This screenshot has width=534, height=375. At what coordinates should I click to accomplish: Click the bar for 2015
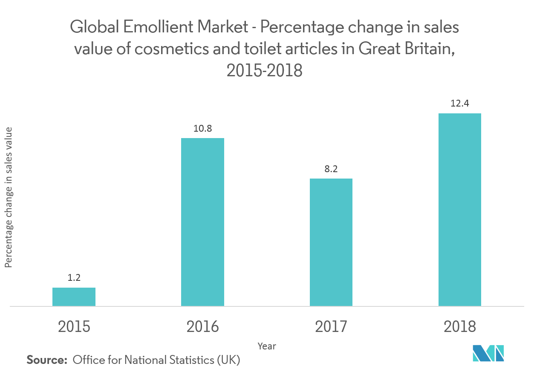point(74,297)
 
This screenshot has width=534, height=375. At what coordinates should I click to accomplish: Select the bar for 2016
point(202,222)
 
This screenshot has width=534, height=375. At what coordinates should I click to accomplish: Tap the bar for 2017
point(331,242)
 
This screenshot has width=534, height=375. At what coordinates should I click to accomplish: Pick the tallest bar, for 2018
point(460,209)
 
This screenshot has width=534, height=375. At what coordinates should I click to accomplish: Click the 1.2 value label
point(74,278)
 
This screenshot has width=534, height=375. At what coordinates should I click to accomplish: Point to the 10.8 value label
point(202,128)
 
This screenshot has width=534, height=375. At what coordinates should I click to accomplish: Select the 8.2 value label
point(331,169)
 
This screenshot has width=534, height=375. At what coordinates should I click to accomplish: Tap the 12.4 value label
point(460,104)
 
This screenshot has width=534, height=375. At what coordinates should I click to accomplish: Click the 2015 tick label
point(74,327)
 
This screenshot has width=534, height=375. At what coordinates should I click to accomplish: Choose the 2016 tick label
point(202,327)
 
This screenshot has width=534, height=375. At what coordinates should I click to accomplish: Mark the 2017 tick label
point(331,327)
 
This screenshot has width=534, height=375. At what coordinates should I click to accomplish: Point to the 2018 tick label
point(460,327)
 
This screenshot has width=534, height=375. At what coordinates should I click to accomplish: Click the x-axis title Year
point(267,346)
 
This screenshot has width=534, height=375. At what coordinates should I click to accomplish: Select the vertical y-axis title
point(9,197)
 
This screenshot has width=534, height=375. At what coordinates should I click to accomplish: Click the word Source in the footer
point(47,360)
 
